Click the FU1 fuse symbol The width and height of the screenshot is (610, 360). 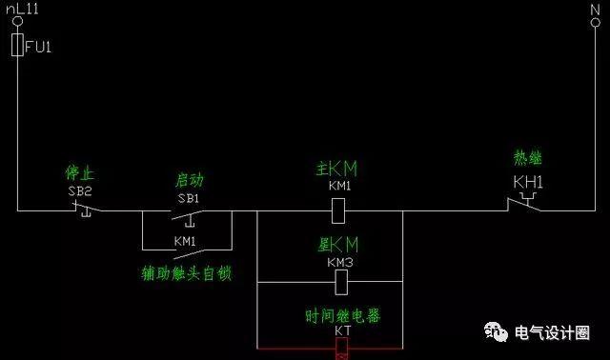pos(17,45)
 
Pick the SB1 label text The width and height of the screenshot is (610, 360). pos(188,198)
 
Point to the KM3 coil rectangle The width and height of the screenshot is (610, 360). pos(340,282)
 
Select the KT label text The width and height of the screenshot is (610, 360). pos(341,331)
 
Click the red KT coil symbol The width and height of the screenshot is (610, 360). pos(342,349)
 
